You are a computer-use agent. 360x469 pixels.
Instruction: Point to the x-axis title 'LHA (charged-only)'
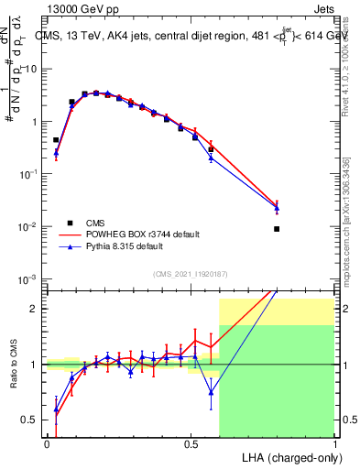tap(286, 457)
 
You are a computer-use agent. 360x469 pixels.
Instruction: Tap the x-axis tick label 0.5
tap(191, 443)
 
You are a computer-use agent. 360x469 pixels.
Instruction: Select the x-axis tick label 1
tap(334, 443)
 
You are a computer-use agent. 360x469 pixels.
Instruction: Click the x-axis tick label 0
tap(47, 443)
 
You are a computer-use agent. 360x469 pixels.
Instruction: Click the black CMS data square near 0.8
tap(277, 229)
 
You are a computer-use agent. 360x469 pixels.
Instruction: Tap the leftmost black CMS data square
tap(57, 140)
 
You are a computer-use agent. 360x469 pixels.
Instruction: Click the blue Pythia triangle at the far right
tap(277, 209)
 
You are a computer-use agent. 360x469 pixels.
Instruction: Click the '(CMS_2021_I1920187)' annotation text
tap(189, 273)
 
